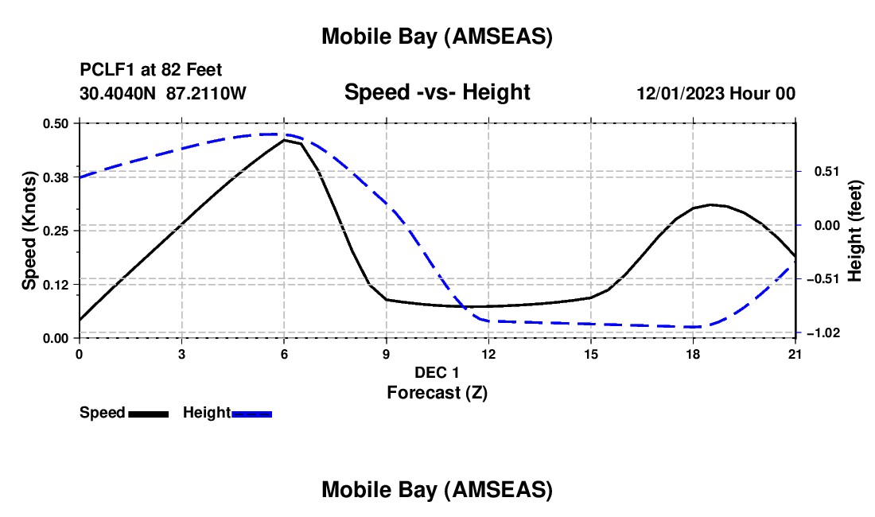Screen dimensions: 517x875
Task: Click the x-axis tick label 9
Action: click(x=386, y=354)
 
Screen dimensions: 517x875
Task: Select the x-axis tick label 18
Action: click(x=693, y=354)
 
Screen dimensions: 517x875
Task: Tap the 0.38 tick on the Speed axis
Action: click(x=56, y=177)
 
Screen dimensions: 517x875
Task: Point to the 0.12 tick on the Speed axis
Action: click(x=56, y=284)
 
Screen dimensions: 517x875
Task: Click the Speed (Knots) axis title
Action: click(x=29, y=231)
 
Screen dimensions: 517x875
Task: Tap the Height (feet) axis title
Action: click(x=855, y=231)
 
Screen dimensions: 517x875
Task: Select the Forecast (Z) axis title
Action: click(x=437, y=392)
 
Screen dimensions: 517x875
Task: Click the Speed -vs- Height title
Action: click(x=437, y=92)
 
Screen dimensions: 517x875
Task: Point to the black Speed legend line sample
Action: click(x=148, y=413)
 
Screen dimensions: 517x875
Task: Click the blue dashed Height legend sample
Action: click(x=251, y=413)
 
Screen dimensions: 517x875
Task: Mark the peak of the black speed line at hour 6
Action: click(x=284, y=140)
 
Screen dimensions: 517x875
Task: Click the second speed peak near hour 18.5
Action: click(x=712, y=204)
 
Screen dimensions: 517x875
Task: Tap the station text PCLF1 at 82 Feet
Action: click(x=151, y=70)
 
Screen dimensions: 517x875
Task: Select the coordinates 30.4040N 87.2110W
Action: click(x=163, y=93)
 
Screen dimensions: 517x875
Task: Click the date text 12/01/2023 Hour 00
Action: click(x=716, y=93)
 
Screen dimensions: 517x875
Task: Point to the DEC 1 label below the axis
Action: click(x=437, y=372)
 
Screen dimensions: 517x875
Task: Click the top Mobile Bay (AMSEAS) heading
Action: click(x=437, y=37)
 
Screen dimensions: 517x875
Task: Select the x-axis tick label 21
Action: click(x=795, y=354)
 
